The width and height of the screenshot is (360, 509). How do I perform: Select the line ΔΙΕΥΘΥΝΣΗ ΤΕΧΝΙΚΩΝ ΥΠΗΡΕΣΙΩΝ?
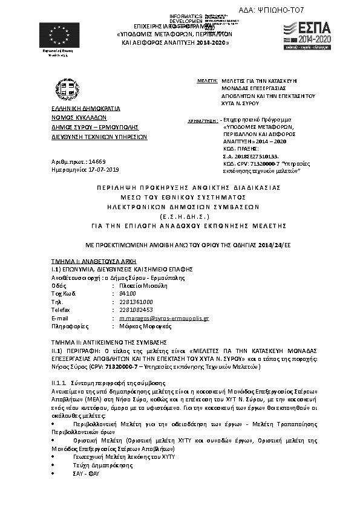[99, 137]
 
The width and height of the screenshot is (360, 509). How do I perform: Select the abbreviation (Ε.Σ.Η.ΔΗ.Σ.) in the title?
[180, 215]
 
